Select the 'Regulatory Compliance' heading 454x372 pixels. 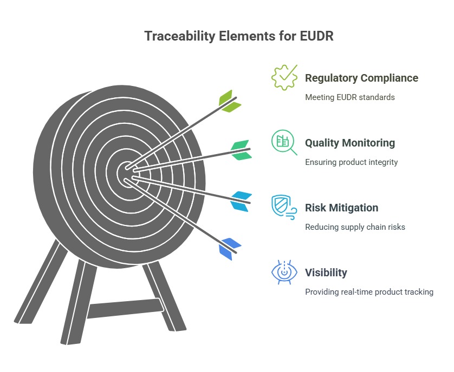pyautogui.click(x=361, y=78)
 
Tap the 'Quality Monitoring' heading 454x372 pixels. pyautogui.click(x=349, y=143)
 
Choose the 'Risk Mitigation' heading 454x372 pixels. pyautogui.click(x=341, y=208)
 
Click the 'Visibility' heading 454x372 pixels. pyautogui.click(x=326, y=273)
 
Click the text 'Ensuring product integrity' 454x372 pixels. pyautogui.click(x=351, y=162)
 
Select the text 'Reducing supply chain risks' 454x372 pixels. pyautogui.click(x=355, y=227)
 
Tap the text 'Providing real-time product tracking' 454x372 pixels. pyautogui.click(x=369, y=292)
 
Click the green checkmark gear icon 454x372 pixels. pyautogui.click(x=284, y=77)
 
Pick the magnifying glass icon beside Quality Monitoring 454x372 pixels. pyautogui.click(x=284, y=142)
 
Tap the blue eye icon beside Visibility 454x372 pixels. pyautogui.click(x=284, y=272)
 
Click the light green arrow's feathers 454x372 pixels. pyautogui.click(x=229, y=101)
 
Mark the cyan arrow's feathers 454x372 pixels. pyautogui.click(x=241, y=200)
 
